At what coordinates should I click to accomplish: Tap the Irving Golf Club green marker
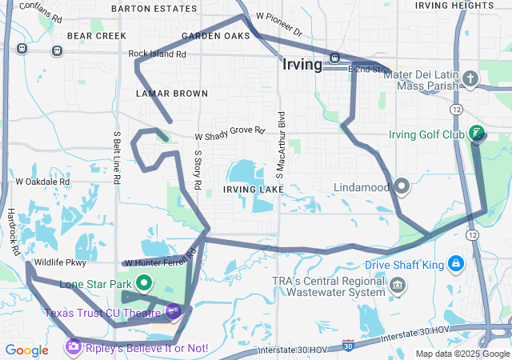pyautogui.click(x=477, y=133)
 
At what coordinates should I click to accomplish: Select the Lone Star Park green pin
pyautogui.click(x=145, y=282)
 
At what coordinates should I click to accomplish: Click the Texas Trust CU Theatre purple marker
pyautogui.click(x=174, y=311)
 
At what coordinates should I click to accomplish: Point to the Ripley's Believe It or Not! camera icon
pyautogui.click(x=74, y=347)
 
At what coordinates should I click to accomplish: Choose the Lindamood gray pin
pyautogui.click(x=402, y=186)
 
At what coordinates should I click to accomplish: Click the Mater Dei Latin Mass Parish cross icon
pyautogui.click(x=471, y=78)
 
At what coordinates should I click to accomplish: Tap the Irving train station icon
pyautogui.click(x=334, y=58)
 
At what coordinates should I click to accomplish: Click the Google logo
pyautogui.click(x=26, y=350)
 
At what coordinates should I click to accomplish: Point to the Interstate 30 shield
pyautogui.click(x=347, y=345)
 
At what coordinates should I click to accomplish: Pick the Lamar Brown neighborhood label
pyautogui.click(x=172, y=94)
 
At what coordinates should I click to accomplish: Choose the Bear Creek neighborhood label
pyautogui.click(x=97, y=36)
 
